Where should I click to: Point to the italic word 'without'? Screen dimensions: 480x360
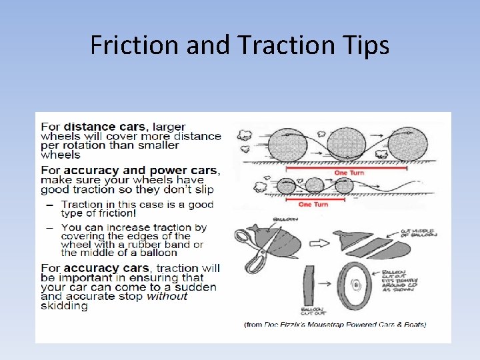(167, 296)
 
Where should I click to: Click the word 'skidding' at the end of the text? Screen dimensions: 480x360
(64, 306)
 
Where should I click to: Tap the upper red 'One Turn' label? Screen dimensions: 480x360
(349, 173)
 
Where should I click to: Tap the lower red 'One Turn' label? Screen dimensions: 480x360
(313, 204)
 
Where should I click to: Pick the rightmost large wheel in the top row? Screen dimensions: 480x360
(407, 145)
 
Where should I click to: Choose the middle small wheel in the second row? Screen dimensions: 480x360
(314, 185)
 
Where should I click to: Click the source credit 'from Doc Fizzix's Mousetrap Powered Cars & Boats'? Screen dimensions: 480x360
(335, 325)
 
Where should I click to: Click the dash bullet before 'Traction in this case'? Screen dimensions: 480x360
(50, 205)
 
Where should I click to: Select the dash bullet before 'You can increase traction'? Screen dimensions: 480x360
(50, 227)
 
